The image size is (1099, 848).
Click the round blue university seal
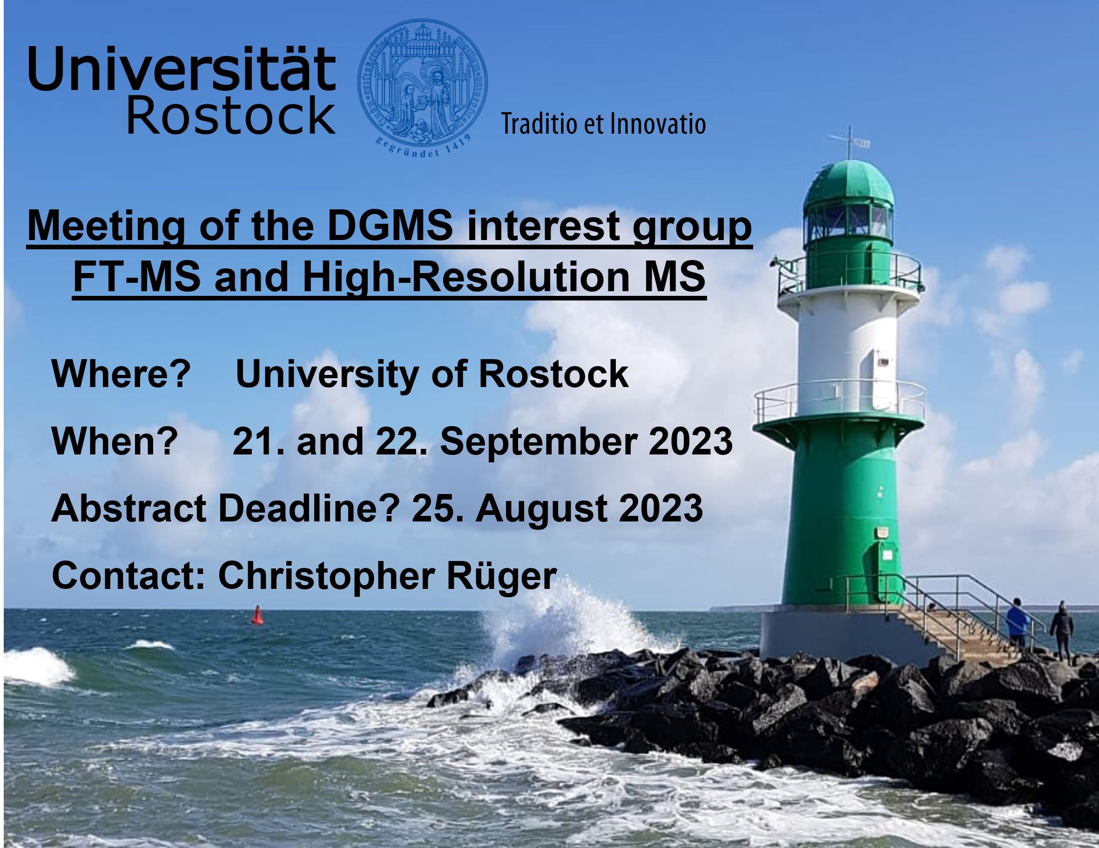click(x=422, y=88)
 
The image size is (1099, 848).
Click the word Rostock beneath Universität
click(x=230, y=116)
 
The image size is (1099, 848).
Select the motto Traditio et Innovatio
click(x=603, y=124)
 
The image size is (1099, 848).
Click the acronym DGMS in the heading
click(x=390, y=226)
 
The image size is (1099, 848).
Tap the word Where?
click(x=121, y=374)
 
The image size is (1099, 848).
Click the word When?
click(x=115, y=441)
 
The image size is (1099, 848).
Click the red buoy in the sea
click(x=257, y=614)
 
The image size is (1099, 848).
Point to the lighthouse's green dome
click(x=849, y=182)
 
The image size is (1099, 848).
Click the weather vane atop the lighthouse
click(x=850, y=142)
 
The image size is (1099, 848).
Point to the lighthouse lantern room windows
click(x=849, y=221)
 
